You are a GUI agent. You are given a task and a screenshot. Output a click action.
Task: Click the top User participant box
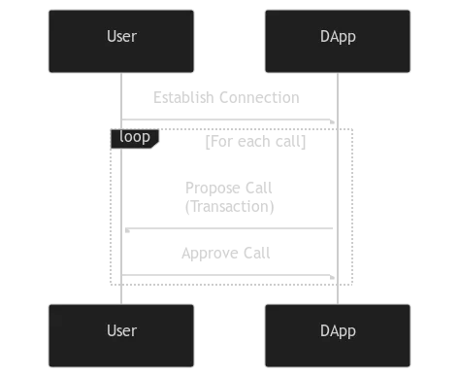(121, 41)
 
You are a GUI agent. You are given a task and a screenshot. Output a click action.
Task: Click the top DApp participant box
(338, 41)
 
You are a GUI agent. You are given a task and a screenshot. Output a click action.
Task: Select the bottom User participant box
(121, 335)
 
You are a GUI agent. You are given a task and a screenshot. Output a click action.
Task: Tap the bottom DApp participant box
(338, 335)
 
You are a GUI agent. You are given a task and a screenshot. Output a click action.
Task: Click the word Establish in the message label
(183, 97)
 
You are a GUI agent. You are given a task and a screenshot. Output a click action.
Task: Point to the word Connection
(259, 97)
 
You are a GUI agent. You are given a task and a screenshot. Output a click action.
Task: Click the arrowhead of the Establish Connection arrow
(332, 121)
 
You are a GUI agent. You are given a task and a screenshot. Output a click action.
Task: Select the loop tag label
(135, 138)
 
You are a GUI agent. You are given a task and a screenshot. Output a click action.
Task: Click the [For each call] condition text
(255, 142)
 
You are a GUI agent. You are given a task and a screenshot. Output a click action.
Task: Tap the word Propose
(213, 189)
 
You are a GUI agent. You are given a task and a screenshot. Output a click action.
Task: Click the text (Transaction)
(230, 206)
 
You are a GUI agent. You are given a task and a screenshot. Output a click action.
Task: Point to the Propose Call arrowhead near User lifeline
(127, 230)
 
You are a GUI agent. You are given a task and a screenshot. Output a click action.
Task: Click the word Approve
(210, 254)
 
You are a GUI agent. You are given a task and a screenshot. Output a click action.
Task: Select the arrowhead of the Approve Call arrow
(332, 277)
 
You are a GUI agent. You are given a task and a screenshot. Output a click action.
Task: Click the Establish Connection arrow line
(228, 120)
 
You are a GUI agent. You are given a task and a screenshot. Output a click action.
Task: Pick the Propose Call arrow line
(229, 228)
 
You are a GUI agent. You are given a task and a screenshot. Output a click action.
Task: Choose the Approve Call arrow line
(228, 275)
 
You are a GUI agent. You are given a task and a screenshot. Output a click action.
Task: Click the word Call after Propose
(259, 188)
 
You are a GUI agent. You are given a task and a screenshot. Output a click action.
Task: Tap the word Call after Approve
(257, 253)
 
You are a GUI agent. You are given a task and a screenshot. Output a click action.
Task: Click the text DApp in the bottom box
(338, 331)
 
